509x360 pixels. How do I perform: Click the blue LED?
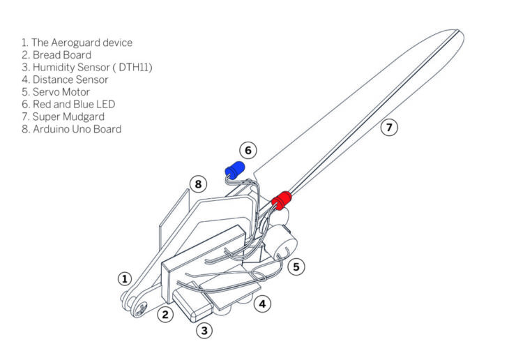click(x=234, y=170)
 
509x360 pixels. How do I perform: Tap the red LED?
click(x=282, y=200)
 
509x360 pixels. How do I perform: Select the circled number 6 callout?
click(x=248, y=150)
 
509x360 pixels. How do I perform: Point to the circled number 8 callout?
click(x=199, y=184)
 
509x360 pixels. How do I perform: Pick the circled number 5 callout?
click(x=297, y=266)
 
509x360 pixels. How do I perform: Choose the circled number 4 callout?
click(x=262, y=304)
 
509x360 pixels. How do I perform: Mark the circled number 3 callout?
click(x=204, y=331)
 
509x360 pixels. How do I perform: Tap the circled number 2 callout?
click(x=165, y=314)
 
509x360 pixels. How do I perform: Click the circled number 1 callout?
click(x=125, y=279)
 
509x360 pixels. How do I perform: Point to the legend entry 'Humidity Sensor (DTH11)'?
click(x=87, y=67)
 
